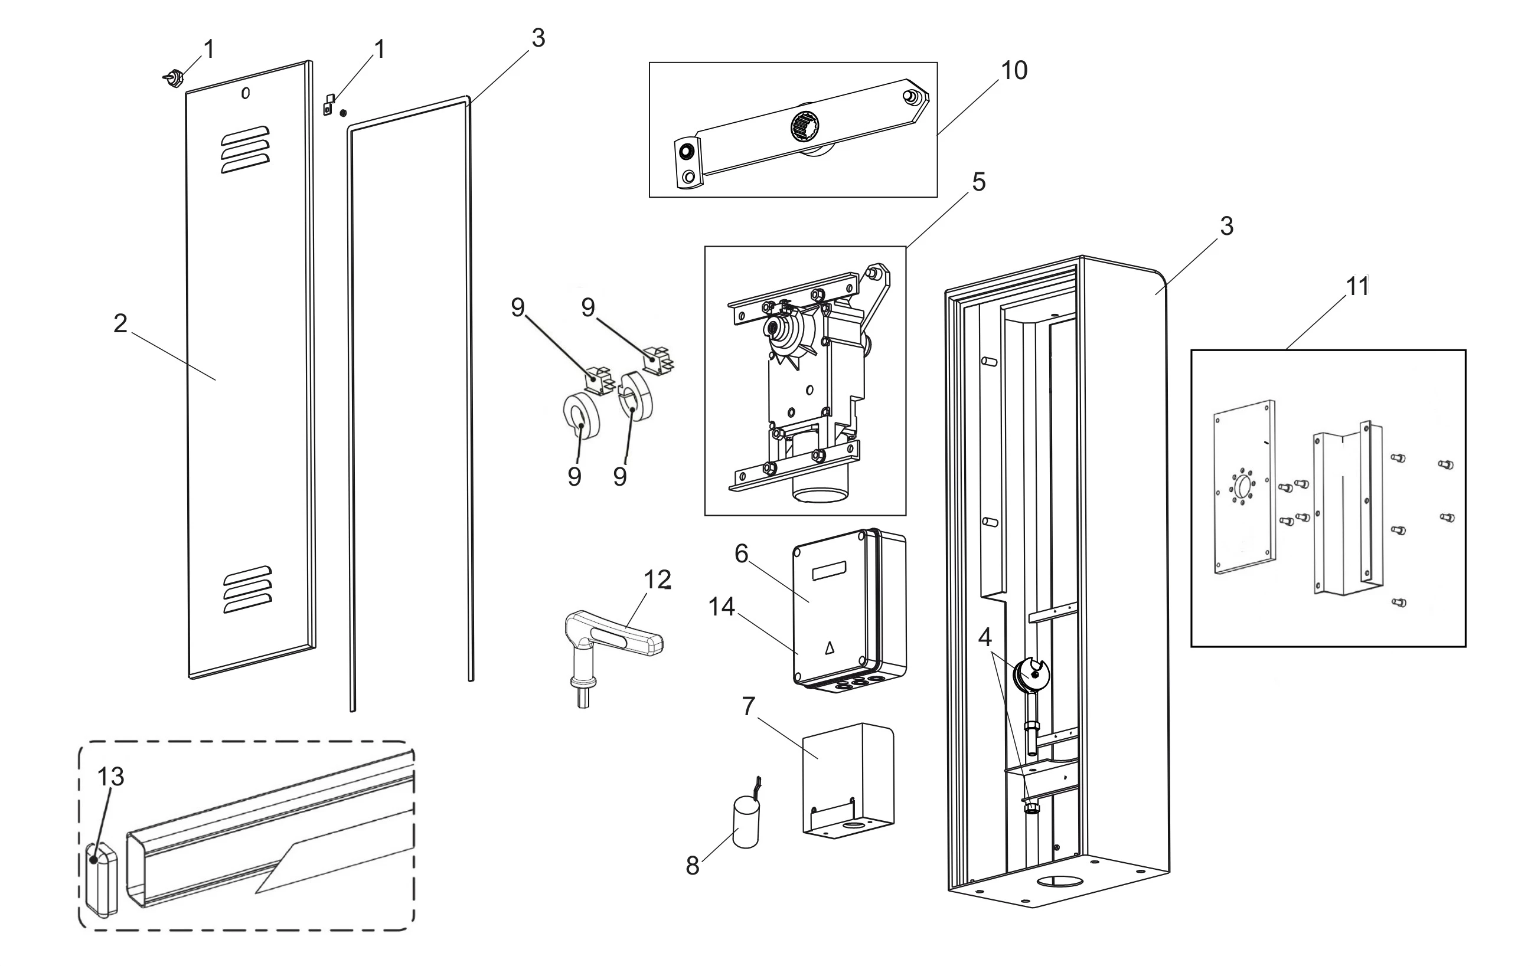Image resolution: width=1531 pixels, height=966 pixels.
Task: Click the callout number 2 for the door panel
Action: (x=120, y=323)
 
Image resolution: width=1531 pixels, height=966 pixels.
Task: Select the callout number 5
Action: (x=978, y=182)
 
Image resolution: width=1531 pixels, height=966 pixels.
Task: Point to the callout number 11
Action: (x=1357, y=287)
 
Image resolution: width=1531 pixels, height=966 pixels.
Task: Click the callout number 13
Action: (x=110, y=776)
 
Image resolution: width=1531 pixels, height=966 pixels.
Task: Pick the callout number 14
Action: (x=722, y=607)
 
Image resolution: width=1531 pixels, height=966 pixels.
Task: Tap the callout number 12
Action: (x=657, y=579)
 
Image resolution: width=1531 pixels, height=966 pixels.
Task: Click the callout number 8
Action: (x=693, y=866)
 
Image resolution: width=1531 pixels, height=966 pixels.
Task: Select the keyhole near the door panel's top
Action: (x=246, y=93)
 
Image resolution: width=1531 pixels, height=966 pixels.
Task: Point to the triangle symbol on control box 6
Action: (x=828, y=649)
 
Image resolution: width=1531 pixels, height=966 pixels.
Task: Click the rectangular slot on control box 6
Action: (x=829, y=569)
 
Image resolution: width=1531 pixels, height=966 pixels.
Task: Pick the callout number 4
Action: (x=985, y=637)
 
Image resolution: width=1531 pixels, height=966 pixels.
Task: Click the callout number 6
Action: (x=742, y=554)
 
